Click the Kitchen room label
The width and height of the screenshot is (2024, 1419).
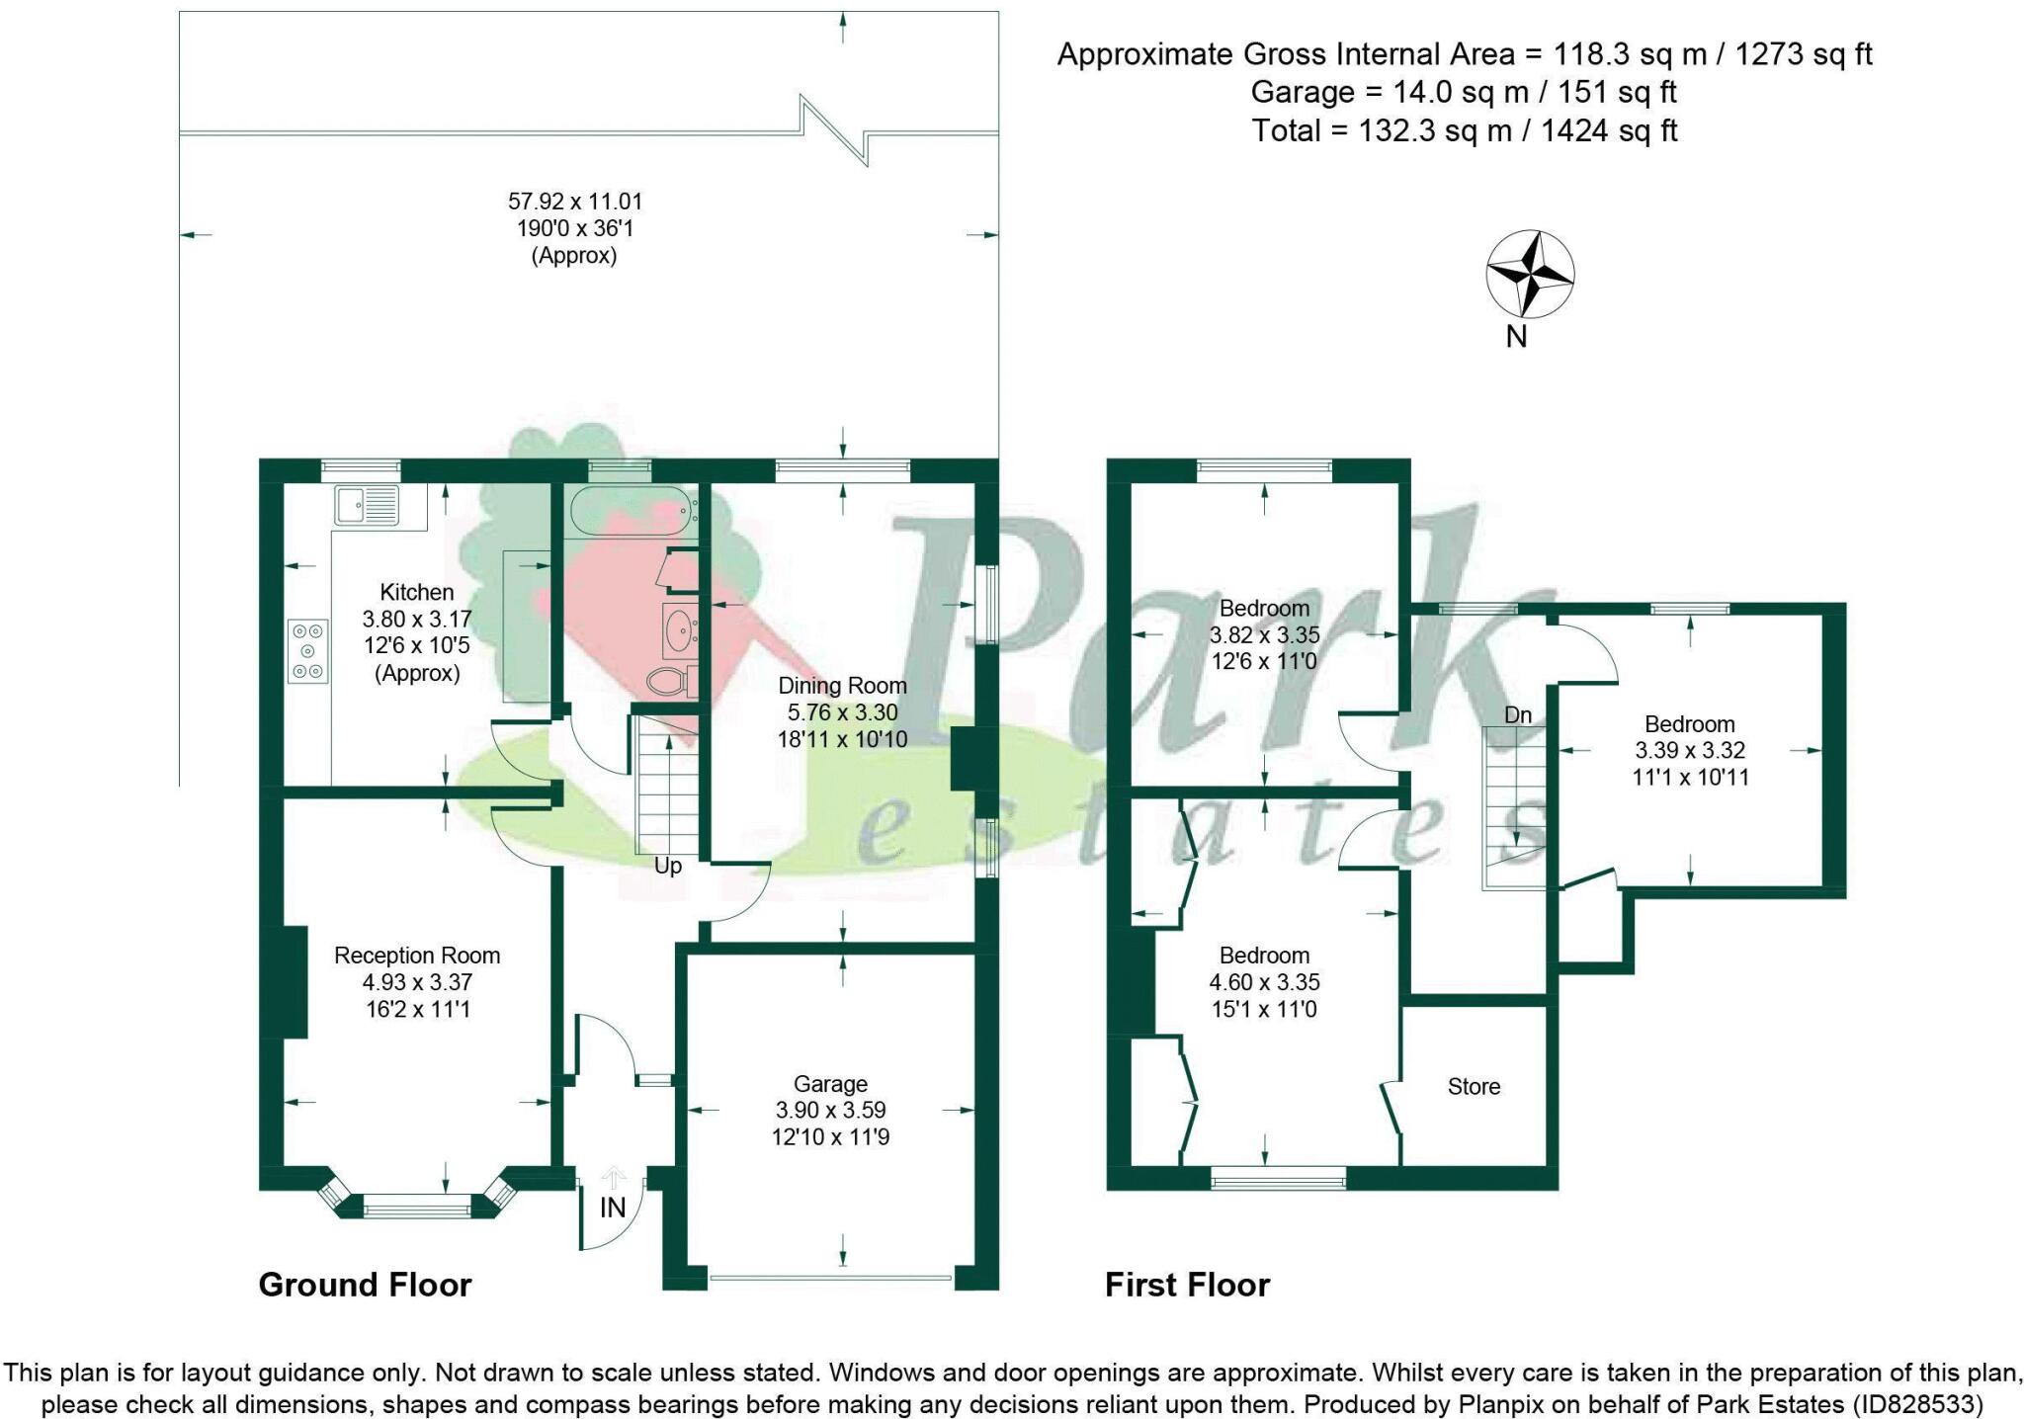[x=416, y=593]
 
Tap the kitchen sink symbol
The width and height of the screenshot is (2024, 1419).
[x=367, y=506]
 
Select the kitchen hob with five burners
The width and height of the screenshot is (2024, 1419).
[x=308, y=650]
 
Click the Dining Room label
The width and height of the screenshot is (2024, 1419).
[x=842, y=686]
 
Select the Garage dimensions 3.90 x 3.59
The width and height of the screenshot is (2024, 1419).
[x=830, y=1110]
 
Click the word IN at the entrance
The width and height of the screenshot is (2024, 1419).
[x=613, y=1208]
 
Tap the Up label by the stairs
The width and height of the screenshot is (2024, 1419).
[x=668, y=867]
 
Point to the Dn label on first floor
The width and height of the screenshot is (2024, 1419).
[x=1518, y=714]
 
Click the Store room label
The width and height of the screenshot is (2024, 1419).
[x=1474, y=1087]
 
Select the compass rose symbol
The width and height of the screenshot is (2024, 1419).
[x=1530, y=275]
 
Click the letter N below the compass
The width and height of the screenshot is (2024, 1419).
[x=1516, y=337]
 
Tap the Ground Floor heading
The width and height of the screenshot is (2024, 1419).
[x=365, y=1285]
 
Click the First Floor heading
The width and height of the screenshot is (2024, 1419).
[x=1187, y=1285]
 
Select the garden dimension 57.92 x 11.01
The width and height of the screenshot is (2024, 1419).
[x=575, y=202]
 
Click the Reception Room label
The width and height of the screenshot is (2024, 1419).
[x=417, y=956]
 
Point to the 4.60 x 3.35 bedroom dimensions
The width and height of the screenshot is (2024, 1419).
[x=1264, y=982]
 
